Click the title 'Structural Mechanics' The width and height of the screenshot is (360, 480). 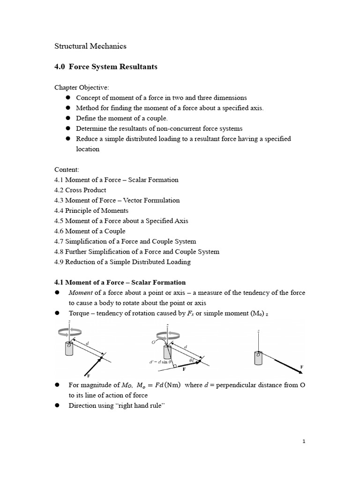[90, 46]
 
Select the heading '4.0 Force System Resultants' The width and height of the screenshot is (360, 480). [106, 67]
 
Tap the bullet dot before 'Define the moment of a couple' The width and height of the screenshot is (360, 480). [67, 118]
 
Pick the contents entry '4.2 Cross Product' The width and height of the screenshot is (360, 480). [80, 190]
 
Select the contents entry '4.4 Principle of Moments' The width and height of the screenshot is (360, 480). [91, 210]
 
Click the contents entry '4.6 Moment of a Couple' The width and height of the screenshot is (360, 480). [90, 231]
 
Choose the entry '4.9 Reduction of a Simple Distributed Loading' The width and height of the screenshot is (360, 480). [122, 262]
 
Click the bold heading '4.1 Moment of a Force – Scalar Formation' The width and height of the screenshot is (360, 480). [120, 282]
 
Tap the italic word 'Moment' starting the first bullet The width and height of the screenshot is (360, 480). [81, 292]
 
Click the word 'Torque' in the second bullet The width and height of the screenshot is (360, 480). [79, 313]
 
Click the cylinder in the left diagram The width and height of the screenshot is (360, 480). [69, 349]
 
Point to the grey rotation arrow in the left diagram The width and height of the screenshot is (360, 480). [69, 332]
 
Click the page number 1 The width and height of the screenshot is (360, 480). [304, 442]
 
